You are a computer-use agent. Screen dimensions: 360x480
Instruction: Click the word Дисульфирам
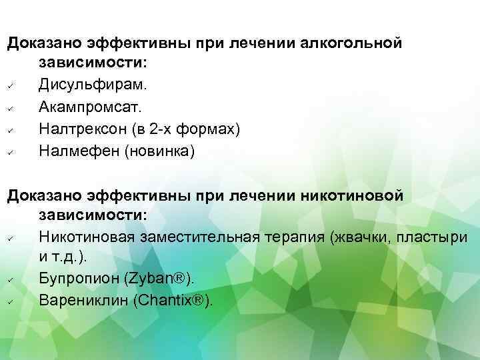(95, 85)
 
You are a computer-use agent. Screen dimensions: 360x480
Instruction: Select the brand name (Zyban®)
(170, 278)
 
